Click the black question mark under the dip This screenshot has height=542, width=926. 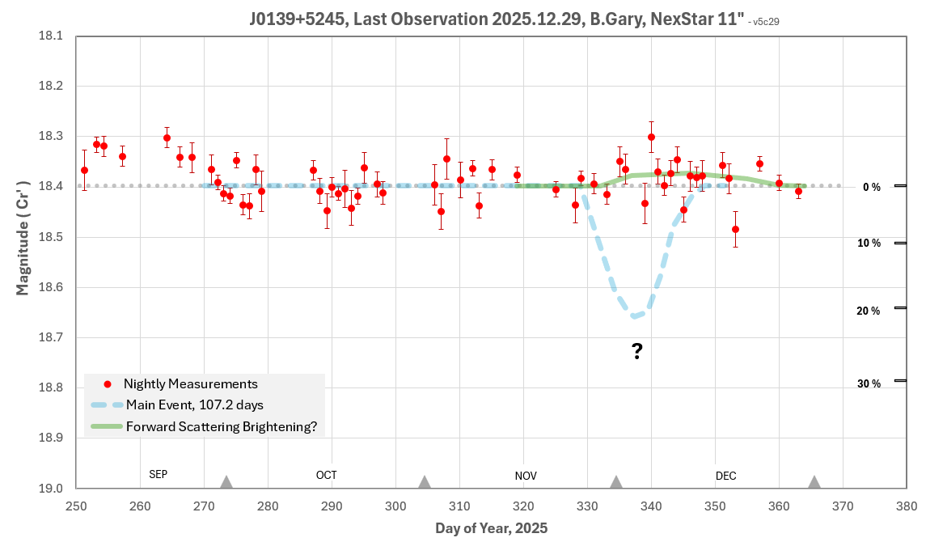637,351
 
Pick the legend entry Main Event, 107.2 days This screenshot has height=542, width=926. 194,404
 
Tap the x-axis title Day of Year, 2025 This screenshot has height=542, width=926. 491,528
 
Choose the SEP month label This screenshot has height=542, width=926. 159,475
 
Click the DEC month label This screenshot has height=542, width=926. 725,476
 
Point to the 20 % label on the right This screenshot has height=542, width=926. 869,311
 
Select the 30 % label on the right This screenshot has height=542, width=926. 869,383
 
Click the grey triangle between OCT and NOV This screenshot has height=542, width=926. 425,482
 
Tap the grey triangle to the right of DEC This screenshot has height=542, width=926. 814,482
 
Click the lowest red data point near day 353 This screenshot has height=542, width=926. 735,229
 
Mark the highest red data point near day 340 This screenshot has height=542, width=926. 651,137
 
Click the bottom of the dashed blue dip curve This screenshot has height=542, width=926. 636,315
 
